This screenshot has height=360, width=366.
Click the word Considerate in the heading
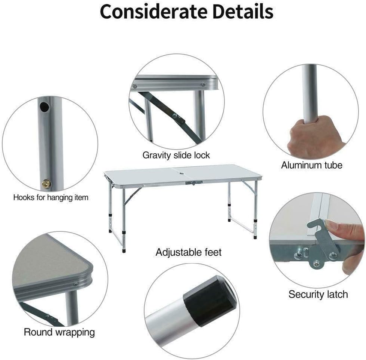(153, 12)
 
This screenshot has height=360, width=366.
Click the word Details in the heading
(243, 12)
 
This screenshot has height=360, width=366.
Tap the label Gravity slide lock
(176, 156)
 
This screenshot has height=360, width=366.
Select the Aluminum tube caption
(311, 165)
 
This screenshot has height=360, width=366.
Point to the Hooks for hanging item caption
(51, 197)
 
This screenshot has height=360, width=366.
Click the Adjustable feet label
(188, 252)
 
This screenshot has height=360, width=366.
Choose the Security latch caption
(318, 294)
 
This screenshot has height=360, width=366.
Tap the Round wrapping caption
(59, 332)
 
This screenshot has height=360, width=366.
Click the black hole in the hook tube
(44, 107)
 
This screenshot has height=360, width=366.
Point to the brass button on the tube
(46, 184)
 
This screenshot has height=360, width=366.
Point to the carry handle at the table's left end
(108, 178)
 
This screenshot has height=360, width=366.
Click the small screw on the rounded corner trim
(75, 284)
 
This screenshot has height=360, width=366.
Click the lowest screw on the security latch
(317, 264)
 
